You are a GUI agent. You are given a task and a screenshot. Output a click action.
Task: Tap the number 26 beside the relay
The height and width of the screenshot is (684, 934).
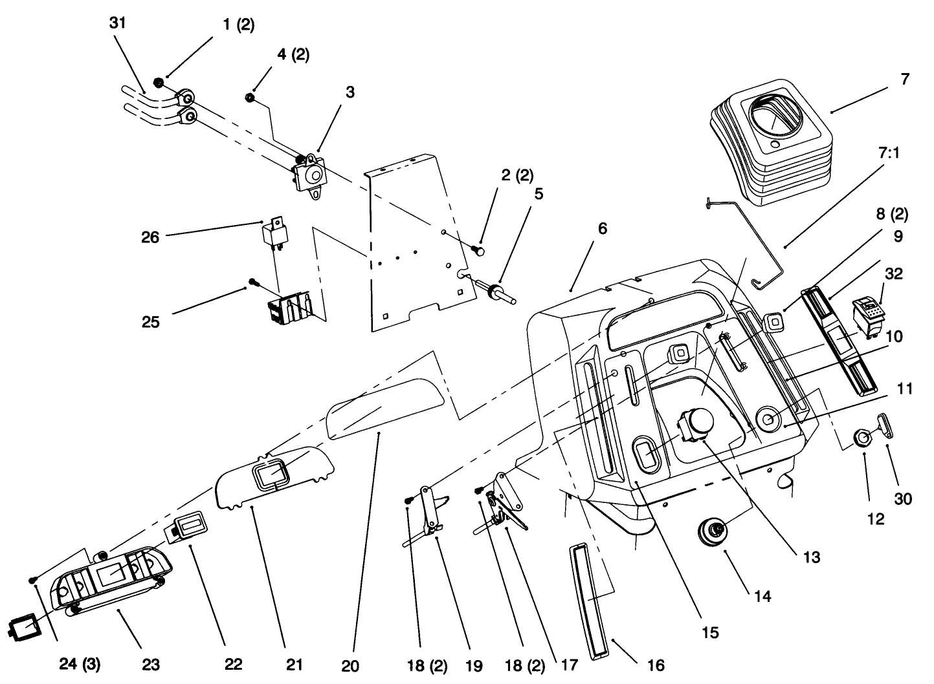pos(150,237)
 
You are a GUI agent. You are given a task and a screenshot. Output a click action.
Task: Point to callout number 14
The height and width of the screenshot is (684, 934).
pos(763,595)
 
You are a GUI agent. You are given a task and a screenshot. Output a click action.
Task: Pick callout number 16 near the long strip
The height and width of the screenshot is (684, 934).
pos(654,664)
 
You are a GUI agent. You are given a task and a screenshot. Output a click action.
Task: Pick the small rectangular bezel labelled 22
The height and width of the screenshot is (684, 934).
pos(186,526)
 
